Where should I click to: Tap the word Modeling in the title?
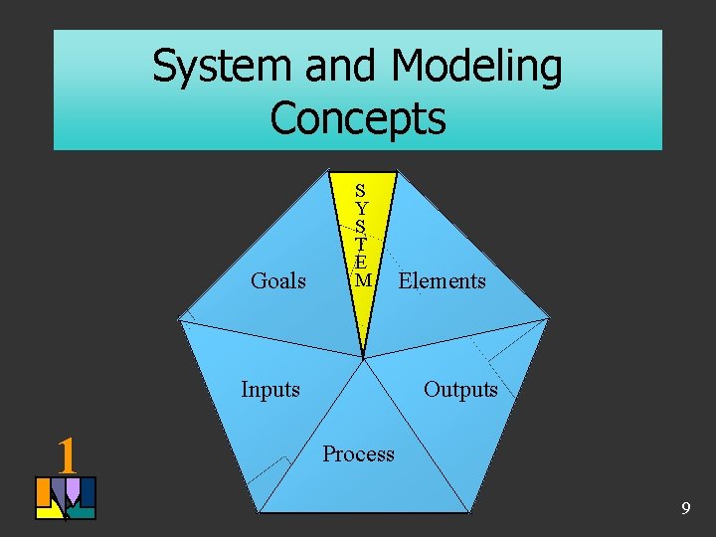click(476, 68)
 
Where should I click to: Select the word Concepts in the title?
click(358, 117)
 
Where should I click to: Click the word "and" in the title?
click(340, 68)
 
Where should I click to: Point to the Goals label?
click(278, 281)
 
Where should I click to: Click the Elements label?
click(442, 281)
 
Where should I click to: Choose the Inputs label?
click(270, 389)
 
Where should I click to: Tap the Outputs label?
click(460, 389)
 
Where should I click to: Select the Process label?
click(358, 454)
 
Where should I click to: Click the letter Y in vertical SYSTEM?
click(361, 209)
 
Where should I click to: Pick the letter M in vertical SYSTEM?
click(363, 280)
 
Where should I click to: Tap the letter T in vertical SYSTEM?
click(361, 245)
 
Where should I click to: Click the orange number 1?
click(67, 454)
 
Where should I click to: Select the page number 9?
click(685, 509)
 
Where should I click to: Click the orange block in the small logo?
click(43, 491)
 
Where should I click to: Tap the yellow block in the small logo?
click(46, 511)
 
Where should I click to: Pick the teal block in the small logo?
click(84, 512)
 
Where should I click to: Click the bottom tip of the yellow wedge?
click(364, 355)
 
